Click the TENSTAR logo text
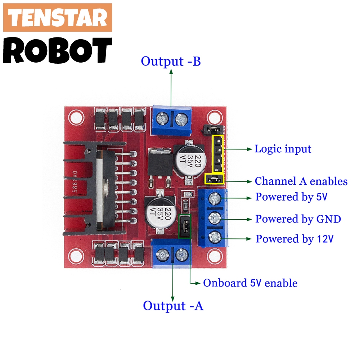point(58,18)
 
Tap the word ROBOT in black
point(58,50)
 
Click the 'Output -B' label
point(171,61)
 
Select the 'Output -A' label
point(173,306)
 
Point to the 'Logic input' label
point(283,149)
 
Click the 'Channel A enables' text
point(301,181)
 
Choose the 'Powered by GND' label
point(298,219)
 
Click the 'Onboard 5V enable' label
point(250,283)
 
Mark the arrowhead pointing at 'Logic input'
point(250,148)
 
